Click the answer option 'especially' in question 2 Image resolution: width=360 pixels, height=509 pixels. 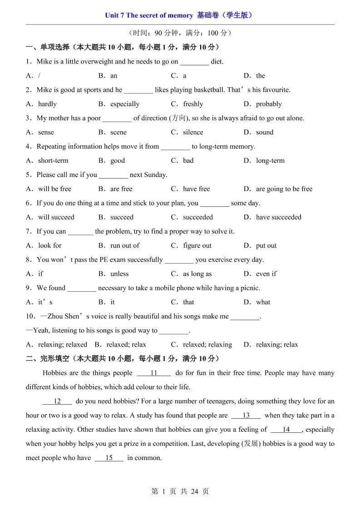point(125,104)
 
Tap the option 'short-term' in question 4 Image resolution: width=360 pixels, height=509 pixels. point(53,161)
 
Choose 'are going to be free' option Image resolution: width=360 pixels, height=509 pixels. point(284,189)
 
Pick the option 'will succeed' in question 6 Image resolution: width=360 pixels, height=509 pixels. point(56,217)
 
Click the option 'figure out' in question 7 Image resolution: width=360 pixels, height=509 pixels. point(197,245)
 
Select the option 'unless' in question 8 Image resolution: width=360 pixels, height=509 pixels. point(119,274)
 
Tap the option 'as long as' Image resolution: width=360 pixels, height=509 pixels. point(197,274)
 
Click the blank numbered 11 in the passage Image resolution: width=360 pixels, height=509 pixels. point(153,373)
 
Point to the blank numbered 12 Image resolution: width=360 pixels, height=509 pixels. point(57,401)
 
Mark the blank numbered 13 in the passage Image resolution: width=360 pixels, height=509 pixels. point(246,415)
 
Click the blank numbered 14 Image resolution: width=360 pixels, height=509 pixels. point(286,430)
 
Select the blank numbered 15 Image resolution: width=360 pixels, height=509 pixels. point(109,458)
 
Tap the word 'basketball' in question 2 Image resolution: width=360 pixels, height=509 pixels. point(205,90)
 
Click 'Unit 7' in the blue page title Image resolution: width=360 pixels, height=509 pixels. point(114,15)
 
